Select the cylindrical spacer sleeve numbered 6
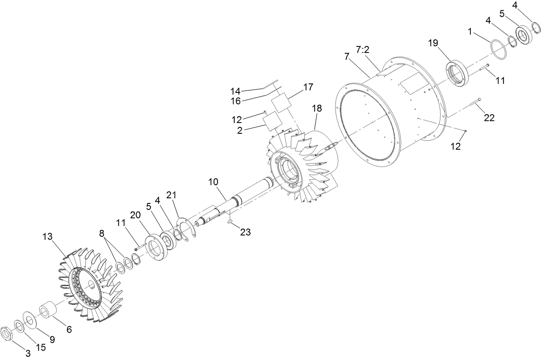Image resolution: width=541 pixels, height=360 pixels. point(49,311)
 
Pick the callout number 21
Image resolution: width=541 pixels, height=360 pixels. point(172,196)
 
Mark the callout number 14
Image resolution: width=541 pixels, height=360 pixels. point(235,91)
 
